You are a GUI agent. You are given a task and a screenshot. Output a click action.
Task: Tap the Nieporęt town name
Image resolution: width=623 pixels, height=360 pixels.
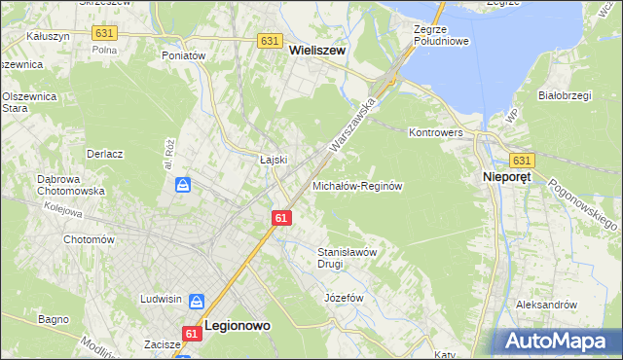(512, 178)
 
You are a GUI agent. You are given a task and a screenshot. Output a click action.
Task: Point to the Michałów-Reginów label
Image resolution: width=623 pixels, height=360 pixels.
(357, 185)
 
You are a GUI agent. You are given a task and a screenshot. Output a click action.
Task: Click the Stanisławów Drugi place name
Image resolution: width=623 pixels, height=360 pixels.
(347, 257)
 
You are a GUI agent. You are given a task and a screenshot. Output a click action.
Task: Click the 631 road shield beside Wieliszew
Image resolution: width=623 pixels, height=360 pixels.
(271, 41)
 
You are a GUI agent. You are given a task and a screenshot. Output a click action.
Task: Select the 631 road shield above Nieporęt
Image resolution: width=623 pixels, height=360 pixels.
(522, 161)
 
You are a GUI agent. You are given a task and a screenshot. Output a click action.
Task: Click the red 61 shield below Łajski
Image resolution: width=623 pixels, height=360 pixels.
(280, 218)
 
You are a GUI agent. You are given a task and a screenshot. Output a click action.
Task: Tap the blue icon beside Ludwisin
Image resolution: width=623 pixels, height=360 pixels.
(196, 303)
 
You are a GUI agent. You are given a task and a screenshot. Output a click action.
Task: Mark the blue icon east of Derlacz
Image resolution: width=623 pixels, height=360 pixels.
(182, 184)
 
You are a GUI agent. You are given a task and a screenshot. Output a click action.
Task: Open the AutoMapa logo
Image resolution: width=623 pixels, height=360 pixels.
(558, 342)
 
